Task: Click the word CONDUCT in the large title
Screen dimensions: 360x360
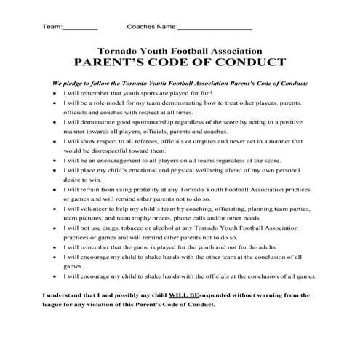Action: click(249, 63)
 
